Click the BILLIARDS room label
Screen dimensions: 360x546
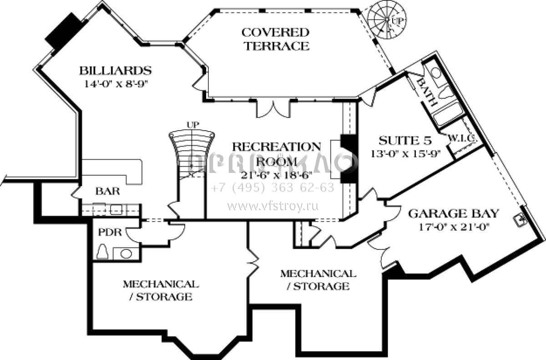[115, 71]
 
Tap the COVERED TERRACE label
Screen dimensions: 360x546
[275, 39]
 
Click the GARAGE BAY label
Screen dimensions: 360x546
[453, 213]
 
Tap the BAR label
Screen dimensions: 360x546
[107, 191]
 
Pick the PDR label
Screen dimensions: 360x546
[110, 233]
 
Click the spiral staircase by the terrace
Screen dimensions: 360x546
[386, 20]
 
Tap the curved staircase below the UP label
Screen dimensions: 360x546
[191, 150]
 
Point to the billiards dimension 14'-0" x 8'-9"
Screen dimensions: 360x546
[116, 83]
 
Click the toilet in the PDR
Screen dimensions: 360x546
[102, 252]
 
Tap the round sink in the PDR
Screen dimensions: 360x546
[126, 253]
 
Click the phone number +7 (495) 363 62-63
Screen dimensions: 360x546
[273, 188]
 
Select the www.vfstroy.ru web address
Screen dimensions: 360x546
[273, 206]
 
